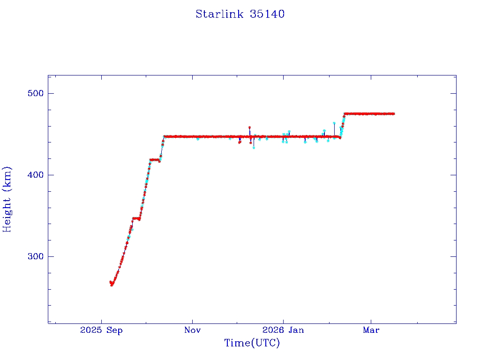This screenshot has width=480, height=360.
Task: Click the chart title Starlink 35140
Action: click(240, 14)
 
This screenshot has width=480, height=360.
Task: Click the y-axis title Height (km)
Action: click(7, 199)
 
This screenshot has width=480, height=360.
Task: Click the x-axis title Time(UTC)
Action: click(252, 343)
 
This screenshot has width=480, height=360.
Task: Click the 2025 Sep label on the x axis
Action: click(101, 330)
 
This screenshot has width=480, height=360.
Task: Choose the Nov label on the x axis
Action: click(192, 330)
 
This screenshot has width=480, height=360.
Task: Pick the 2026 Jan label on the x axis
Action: click(283, 330)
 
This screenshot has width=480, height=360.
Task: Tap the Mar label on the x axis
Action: click(371, 330)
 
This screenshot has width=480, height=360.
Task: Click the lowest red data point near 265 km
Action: click(112, 285)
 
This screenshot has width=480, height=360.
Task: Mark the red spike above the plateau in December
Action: click(249, 127)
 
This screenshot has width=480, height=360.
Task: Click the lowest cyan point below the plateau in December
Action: click(254, 147)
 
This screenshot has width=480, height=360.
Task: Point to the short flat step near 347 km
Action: click(136, 218)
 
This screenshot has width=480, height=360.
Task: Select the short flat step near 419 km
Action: click(155, 160)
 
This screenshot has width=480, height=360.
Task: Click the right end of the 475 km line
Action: click(394, 113)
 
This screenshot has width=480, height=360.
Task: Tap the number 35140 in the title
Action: click(267, 14)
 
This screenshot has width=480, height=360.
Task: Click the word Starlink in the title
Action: click(218, 14)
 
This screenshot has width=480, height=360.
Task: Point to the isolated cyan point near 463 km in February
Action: click(334, 123)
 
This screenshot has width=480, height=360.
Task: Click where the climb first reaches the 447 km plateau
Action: click(165, 136)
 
